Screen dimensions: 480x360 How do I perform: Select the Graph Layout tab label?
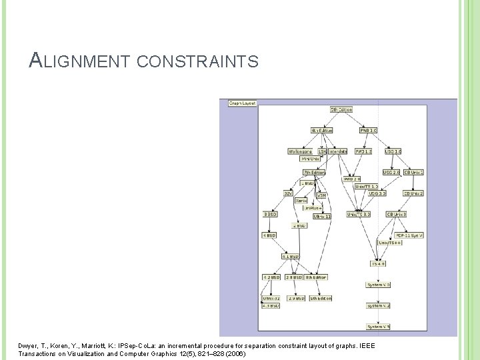click(x=242, y=103)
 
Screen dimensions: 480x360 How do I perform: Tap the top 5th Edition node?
click(x=341, y=109)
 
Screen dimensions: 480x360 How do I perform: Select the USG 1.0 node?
click(x=393, y=151)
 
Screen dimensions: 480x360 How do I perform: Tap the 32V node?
click(x=288, y=193)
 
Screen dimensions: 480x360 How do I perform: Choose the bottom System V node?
click(x=378, y=327)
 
